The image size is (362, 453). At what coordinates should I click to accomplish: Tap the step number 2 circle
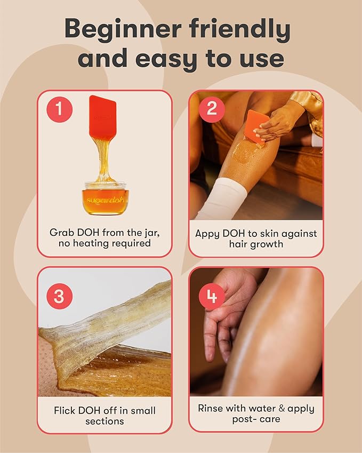tap(212, 109)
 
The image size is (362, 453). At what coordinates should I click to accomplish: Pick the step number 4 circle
tap(212, 297)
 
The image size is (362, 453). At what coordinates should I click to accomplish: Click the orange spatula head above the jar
tap(103, 116)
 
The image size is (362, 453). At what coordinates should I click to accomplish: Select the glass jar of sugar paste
tap(105, 197)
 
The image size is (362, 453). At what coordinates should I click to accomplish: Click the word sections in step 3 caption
tap(104, 422)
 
